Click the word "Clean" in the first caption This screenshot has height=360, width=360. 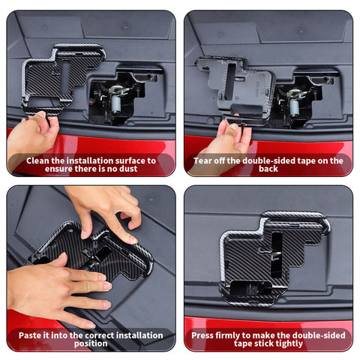point(40,160)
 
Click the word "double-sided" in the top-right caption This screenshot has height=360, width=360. point(265,160)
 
